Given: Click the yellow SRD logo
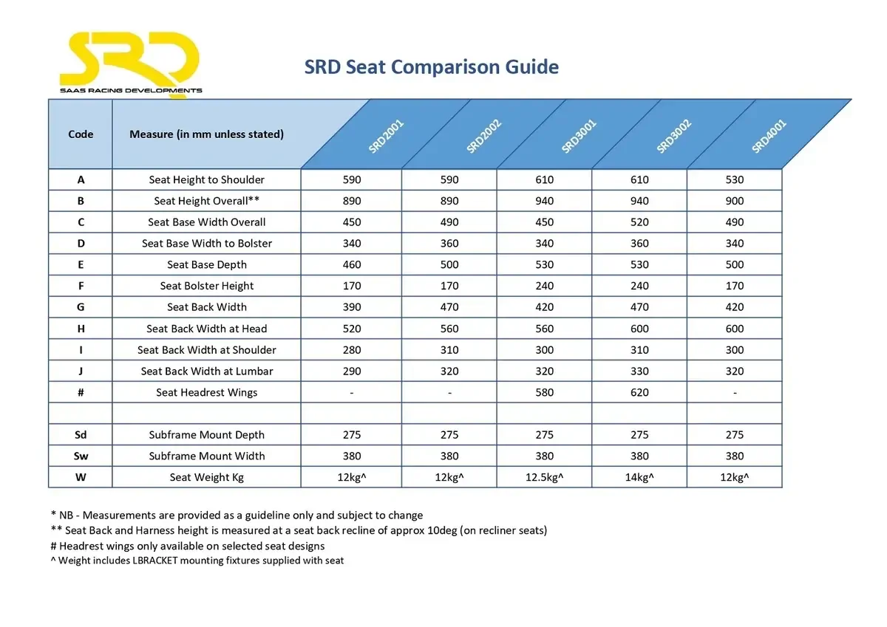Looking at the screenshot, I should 130,62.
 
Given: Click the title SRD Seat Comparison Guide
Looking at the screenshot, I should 431,67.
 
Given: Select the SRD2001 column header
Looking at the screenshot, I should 385,137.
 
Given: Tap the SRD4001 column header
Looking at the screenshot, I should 769,137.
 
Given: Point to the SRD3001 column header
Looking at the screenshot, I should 578,137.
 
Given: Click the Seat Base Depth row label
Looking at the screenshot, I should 207,264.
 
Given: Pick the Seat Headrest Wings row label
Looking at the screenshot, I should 207,392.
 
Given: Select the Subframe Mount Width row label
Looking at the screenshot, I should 207,456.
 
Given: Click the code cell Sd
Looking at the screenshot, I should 81,435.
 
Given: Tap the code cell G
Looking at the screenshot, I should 81,307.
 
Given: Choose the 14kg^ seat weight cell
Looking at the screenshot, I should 639,477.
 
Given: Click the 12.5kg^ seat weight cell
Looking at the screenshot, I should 544,477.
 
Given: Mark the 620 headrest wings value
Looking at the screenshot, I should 639,392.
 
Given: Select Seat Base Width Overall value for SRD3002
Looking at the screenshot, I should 639,222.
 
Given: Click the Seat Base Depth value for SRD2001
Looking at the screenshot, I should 352,264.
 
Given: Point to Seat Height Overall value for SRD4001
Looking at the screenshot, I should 735,201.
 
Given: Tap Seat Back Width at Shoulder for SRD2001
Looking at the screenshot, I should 352,350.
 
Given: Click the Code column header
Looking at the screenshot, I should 81,134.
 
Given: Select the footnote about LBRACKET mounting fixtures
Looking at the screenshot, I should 197,561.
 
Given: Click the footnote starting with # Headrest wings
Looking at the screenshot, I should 188,546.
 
